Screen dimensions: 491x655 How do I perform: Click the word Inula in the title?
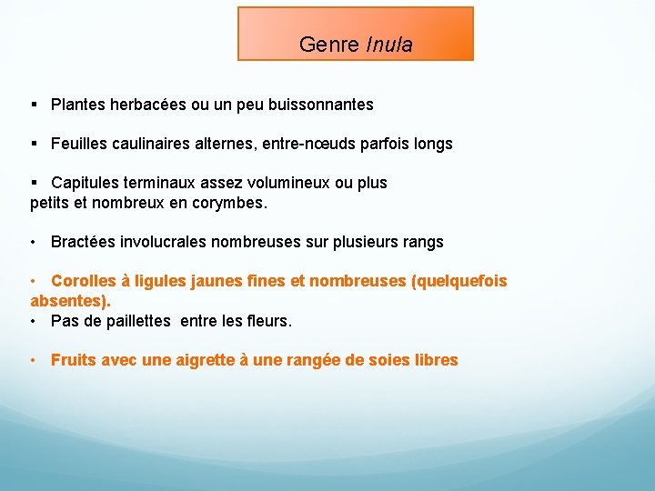(389, 45)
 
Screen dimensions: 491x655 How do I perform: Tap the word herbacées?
(148, 105)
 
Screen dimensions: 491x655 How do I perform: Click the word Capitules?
(85, 183)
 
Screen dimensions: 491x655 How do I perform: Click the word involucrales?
(163, 242)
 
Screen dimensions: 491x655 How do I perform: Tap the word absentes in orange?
(68, 300)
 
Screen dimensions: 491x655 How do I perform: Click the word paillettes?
(136, 320)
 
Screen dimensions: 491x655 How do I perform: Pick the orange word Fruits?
(72, 360)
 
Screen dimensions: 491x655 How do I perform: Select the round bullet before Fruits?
(33, 360)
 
